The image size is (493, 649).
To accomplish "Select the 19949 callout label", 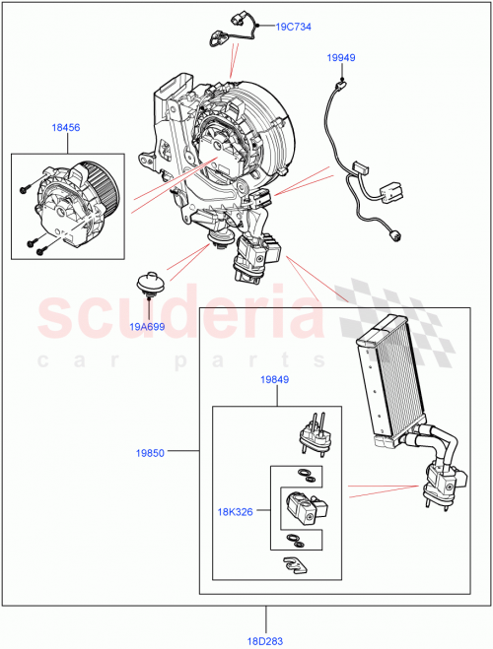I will coord(341,58).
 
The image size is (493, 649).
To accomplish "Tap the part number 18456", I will coord(67,127).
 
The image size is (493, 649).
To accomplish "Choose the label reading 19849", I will coord(275,379).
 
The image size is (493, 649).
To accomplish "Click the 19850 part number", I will coord(151,452).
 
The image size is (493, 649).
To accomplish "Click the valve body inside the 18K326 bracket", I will coord(302,507).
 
